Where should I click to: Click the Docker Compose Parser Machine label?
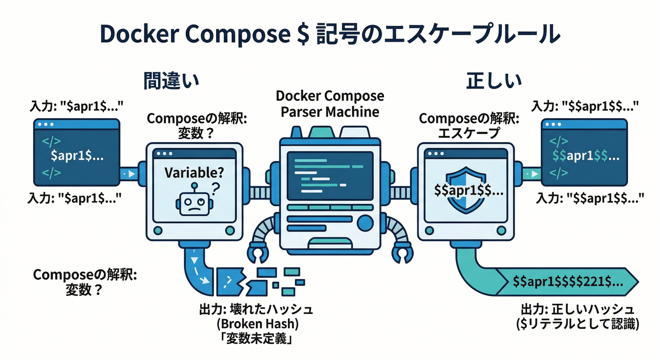tap(330, 104)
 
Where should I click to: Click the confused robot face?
tap(191, 203)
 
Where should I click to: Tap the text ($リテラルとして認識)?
tap(577, 324)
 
